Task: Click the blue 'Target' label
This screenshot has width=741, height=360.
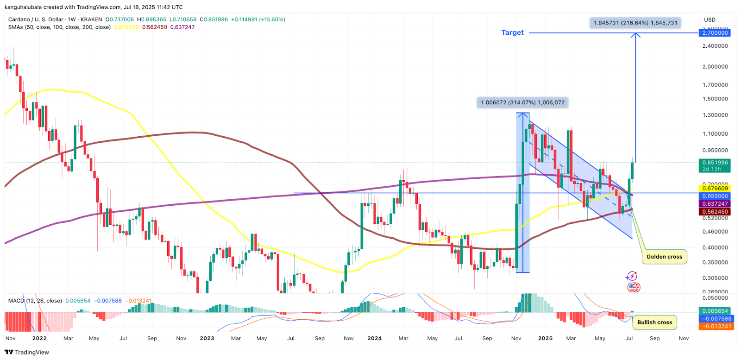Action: point(512,32)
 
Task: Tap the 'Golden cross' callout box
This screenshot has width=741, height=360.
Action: point(664,257)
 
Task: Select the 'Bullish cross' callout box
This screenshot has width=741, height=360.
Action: point(654,322)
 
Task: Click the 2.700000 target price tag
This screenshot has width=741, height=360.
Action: point(715,33)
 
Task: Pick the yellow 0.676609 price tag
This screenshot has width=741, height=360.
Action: point(715,188)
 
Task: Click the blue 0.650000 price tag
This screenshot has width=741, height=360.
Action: point(715,196)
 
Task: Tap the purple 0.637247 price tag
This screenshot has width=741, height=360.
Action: point(715,204)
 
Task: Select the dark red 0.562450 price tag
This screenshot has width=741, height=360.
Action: point(715,212)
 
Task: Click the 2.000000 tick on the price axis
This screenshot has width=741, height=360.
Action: point(715,67)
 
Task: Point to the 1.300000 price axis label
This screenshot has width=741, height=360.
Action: point(715,115)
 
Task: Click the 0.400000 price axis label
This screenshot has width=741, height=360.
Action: point(715,248)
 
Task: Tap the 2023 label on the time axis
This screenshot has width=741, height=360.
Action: point(207,338)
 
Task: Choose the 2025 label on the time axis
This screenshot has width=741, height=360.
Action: point(545,338)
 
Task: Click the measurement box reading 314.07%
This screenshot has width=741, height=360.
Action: point(522,102)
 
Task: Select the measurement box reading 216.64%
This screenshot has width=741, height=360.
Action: point(635,23)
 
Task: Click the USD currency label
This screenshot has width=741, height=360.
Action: point(710,20)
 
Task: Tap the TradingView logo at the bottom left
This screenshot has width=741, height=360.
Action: point(26,352)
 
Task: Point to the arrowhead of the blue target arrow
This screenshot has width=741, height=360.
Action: point(635,35)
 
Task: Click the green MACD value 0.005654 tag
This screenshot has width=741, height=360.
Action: point(715,311)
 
